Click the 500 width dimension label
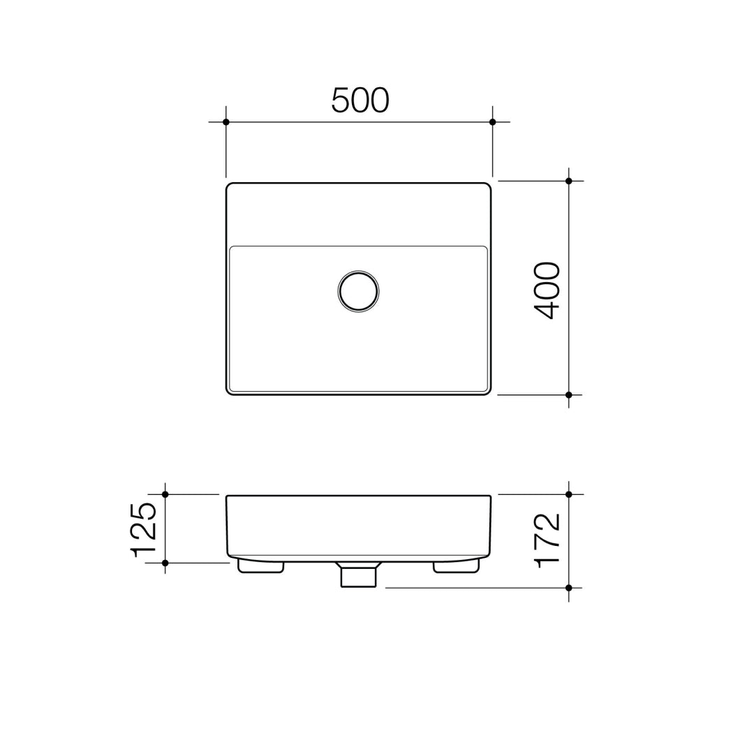pos(360,101)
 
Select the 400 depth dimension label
pos(547,290)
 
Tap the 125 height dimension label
pos(144,528)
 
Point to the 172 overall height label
pos(547,540)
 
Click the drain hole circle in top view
pos(358,291)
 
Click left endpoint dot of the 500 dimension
pos(226,122)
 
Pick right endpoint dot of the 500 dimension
pos(492,122)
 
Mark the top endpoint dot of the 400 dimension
pos(569,181)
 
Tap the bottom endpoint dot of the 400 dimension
pos(569,395)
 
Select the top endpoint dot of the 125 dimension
pos(165,494)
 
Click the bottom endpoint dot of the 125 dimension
pos(165,563)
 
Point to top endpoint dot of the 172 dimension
pos(569,494)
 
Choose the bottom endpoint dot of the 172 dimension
pos(569,588)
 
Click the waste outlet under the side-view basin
pos(358,576)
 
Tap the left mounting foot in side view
pos(260,566)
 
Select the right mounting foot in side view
pos(456,566)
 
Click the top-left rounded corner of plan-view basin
pos(229,186)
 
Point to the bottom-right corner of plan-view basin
pos(488,392)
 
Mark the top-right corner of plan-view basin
pos(488,186)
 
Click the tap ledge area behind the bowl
pos(358,214)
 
